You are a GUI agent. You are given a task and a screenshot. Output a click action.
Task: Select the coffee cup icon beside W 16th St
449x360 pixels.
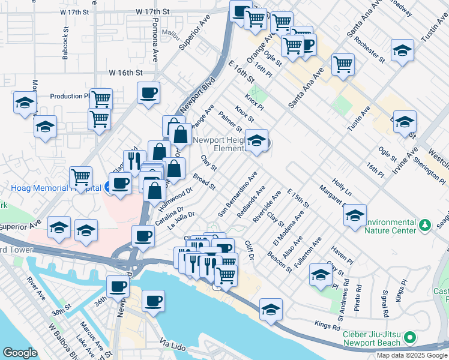click(148, 93)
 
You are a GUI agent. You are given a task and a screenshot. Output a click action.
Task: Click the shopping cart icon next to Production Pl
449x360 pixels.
click(101, 98)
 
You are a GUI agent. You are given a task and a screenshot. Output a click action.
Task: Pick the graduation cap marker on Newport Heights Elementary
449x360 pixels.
click(257, 141)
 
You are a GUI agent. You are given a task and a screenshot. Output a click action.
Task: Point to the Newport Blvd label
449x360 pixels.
click(188, 96)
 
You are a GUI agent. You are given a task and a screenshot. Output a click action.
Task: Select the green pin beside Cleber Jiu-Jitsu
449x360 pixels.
click(410, 337)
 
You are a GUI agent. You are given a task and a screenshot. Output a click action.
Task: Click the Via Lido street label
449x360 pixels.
click(173, 343)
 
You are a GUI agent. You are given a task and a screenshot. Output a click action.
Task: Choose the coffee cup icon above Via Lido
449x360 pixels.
click(153, 300)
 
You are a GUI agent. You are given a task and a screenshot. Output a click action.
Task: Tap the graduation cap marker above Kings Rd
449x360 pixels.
click(271, 309)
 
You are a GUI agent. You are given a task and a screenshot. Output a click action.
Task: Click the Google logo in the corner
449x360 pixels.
click(19, 353)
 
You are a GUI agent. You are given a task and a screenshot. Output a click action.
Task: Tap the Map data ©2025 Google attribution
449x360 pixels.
click(412, 355)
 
